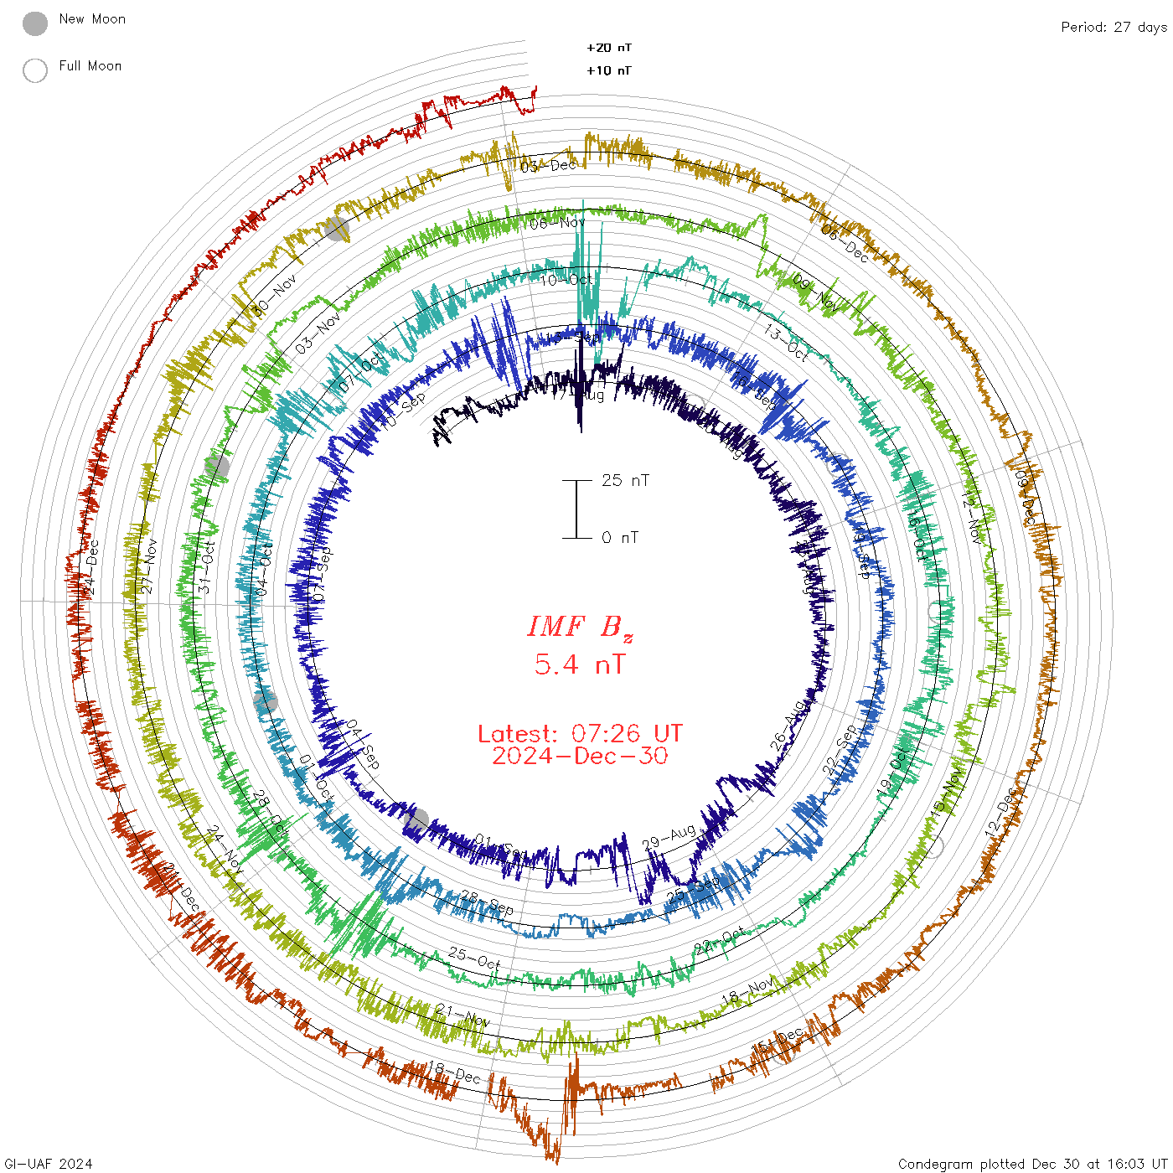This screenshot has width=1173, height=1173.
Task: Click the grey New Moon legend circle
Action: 35,24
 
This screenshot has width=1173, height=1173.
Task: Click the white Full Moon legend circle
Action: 35,70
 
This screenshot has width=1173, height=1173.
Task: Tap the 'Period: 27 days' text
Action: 1114,28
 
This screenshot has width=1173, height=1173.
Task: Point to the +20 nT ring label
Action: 609,48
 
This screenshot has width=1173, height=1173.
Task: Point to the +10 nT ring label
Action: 609,70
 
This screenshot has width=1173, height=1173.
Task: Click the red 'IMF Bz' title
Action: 580,628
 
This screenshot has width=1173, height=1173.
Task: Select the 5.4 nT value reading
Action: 580,665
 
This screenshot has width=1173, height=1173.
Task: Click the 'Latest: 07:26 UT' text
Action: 580,734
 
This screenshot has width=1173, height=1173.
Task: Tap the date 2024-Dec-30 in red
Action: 580,757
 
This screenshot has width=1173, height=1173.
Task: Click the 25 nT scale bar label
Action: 625,481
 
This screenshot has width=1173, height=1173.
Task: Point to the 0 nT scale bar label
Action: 620,538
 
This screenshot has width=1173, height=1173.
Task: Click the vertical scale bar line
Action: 576,509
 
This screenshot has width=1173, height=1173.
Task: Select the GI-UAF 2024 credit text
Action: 47,1164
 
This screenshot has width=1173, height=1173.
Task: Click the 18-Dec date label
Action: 454,1072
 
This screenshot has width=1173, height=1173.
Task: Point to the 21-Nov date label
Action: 462,1015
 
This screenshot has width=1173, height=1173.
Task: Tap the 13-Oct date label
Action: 786,344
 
